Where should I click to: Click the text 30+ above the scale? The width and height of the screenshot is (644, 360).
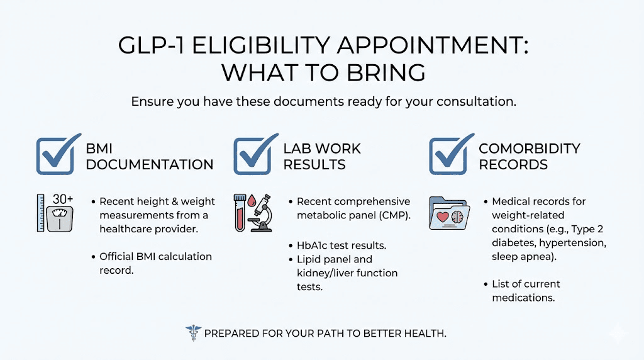click(x=63, y=200)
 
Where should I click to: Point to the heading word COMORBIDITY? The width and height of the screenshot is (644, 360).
click(x=529, y=149)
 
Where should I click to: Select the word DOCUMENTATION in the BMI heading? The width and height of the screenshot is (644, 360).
click(x=150, y=165)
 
